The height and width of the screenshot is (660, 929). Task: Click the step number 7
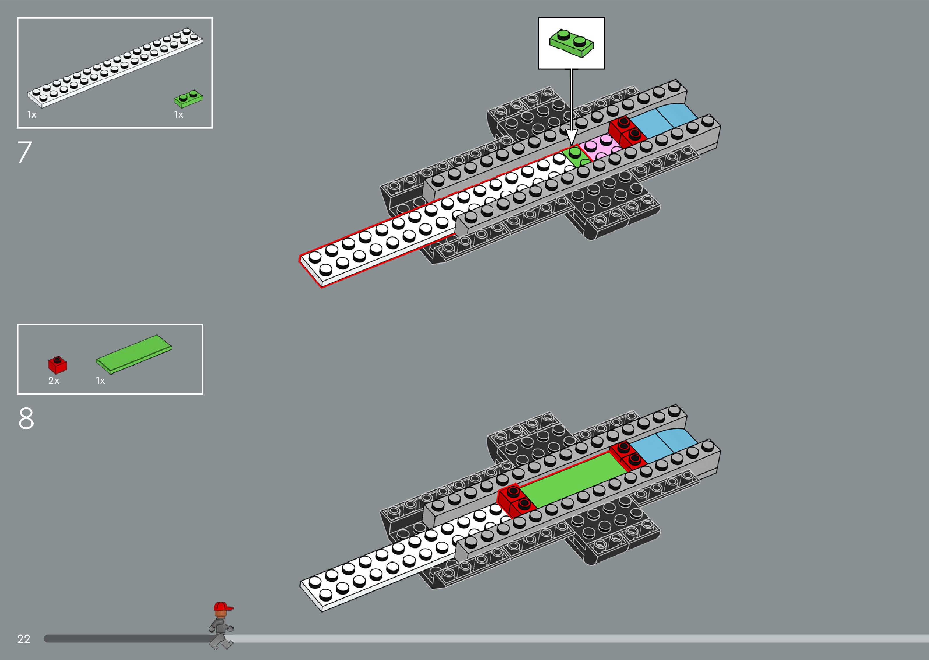click(24, 152)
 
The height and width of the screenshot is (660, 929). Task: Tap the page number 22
click(24, 639)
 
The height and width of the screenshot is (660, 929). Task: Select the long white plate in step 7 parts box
click(115, 68)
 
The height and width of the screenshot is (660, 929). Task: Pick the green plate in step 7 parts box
click(188, 99)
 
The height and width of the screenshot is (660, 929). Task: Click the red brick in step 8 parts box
click(57, 365)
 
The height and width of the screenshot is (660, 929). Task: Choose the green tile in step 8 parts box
click(134, 354)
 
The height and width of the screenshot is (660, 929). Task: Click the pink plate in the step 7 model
click(601, 147)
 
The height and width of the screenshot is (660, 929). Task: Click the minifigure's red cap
click(222, 607)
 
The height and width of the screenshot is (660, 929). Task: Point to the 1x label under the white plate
click(32, 115)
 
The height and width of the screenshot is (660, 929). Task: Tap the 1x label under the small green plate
click(179, 115)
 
